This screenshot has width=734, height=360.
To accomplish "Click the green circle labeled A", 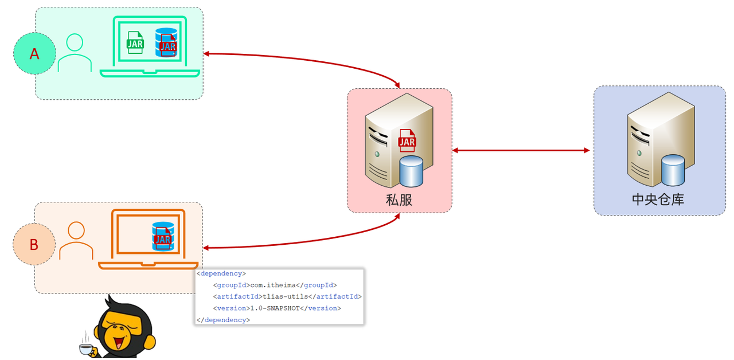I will pos(34,53).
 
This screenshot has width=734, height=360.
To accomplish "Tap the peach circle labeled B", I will pos(34,244).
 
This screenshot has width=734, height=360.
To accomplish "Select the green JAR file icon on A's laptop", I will pos(135,42).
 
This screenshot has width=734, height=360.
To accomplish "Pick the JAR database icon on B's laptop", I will pos(163,236).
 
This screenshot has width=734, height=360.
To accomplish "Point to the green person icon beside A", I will pos(75,53).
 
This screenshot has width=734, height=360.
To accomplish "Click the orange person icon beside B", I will pos(76,241).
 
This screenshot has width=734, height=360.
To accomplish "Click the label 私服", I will pos(399,199).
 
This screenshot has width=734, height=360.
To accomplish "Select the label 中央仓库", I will pos(658,199).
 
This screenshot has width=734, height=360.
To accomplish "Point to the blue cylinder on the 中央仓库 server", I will pos(673,170).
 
